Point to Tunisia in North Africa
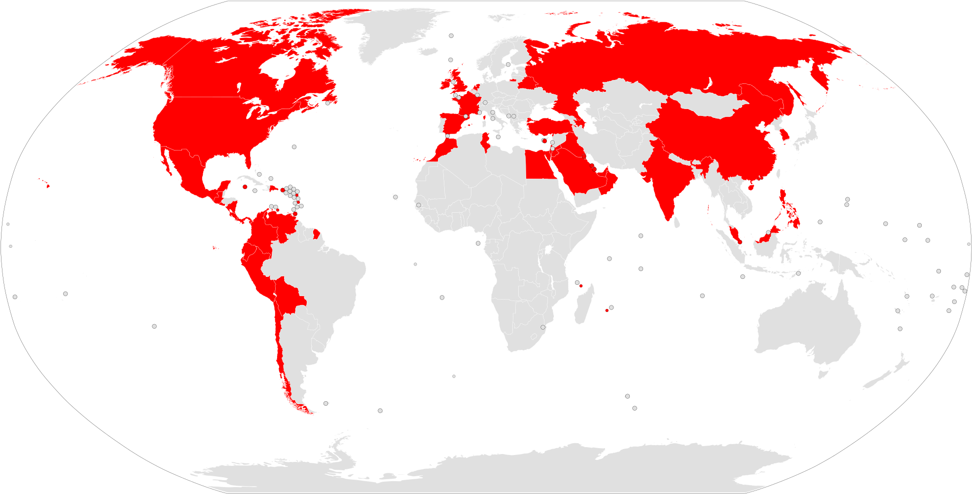[485, 141]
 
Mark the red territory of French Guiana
[317, 233]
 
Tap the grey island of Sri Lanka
[677, 224]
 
